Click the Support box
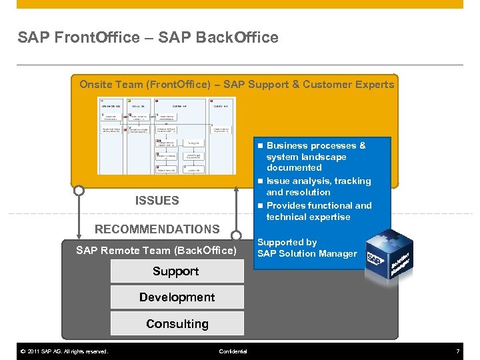tap(176, 271)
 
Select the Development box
tap(177, 297)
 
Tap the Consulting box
tap(177, 324)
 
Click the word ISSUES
tap(157, 200)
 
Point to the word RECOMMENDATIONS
tap(157, 229)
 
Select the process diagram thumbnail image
tap(166, 136)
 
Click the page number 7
tap(457, 351)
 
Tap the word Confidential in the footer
tap(233, 351)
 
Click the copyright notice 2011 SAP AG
tap(63, 351)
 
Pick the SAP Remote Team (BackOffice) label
tap(156, 251)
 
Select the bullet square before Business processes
tap(261, 145)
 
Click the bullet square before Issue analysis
tap(261, 181)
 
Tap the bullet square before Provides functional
tap(261, 206)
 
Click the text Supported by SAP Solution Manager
tap(307, 248)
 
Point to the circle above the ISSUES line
tap(79, 191)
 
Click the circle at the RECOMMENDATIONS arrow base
tap(235, 235)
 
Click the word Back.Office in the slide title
tap(237, 38)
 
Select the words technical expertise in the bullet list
tap(308, 217)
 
